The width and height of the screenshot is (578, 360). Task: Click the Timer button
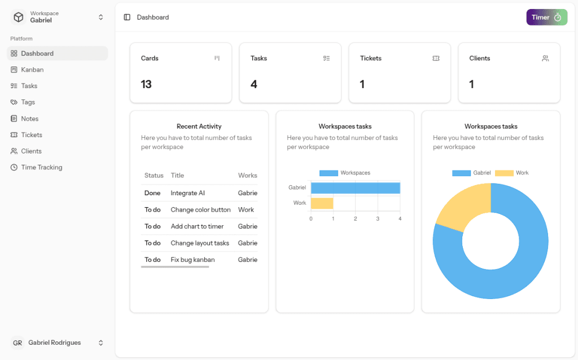[546, 17]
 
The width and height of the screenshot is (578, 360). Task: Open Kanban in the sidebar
[32, 70]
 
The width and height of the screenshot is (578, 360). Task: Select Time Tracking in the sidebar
[41, 168]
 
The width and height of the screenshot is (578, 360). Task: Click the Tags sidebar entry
[28, 102]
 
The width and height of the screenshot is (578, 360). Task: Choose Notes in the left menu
[29, 118]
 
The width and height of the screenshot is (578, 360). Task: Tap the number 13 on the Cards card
[146, 84]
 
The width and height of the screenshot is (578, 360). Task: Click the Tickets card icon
[436, 58]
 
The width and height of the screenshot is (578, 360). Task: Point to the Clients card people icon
[545, 58]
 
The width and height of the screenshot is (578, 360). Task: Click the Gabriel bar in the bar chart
[355, 188]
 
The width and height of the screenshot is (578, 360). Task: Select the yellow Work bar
[322, 203]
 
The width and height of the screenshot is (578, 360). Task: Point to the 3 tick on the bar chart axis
[378, 218]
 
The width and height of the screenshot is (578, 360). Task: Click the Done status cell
[152, 193]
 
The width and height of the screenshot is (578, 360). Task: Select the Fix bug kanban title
[192, 260]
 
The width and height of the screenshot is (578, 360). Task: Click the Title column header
[177, 175]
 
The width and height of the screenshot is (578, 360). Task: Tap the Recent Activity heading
[199, 126]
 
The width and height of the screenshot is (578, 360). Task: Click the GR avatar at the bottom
[17, 343]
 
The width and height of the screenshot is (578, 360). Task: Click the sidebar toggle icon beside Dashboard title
[127, 17]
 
